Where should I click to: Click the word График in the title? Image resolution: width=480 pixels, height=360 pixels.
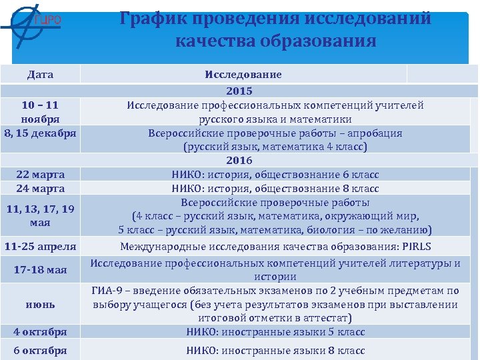coord(154,19)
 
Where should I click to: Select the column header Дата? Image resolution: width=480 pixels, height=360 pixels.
coord(41,75)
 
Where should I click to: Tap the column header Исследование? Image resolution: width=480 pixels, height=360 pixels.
coord(243,75)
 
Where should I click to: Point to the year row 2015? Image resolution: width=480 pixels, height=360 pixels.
coord(239,91)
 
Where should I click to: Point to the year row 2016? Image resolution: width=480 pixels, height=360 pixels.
coord(239,161)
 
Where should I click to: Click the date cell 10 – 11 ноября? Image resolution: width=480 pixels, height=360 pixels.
coord(40,112)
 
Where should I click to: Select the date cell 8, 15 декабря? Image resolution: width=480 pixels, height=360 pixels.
coord(41,133)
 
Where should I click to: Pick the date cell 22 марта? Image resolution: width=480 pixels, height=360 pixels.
coord(41,175)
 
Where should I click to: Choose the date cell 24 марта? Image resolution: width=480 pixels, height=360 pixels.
coord(41,188)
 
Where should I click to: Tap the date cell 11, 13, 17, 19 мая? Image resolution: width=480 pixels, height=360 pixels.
coord(41,215)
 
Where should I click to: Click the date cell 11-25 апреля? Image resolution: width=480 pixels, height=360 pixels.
coord(40,246)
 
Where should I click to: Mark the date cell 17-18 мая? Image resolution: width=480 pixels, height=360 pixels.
coord(40,270)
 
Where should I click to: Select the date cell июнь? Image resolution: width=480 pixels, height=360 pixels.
coord(41,304)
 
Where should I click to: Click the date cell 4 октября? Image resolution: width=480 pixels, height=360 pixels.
coord(41,331)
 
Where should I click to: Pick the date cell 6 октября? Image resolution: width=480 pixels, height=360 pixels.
coord(41,351)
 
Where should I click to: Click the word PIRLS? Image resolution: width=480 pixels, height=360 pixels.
coord(417,246)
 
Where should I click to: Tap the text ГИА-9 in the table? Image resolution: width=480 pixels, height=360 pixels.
coord(106,291)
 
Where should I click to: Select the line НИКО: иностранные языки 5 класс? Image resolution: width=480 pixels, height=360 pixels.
coord(275,331)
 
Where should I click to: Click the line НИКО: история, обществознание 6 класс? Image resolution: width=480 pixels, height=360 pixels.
coord(275,175)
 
